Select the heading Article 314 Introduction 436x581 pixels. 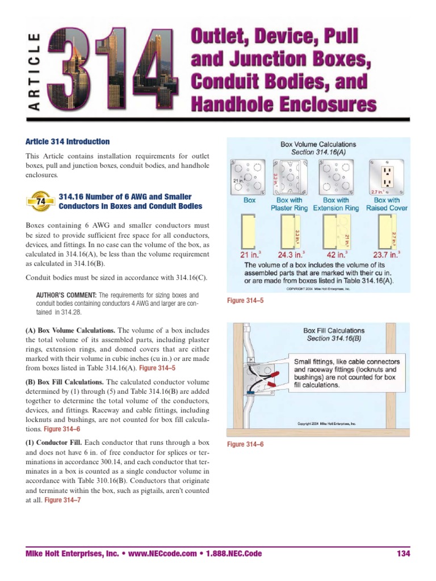[x=68, y=142]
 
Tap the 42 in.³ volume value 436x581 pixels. [x=336, y=254]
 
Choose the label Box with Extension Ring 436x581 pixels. [x=336, y=204]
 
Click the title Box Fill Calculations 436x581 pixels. [x=334, y=330]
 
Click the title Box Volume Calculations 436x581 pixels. [x=318, y=144]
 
